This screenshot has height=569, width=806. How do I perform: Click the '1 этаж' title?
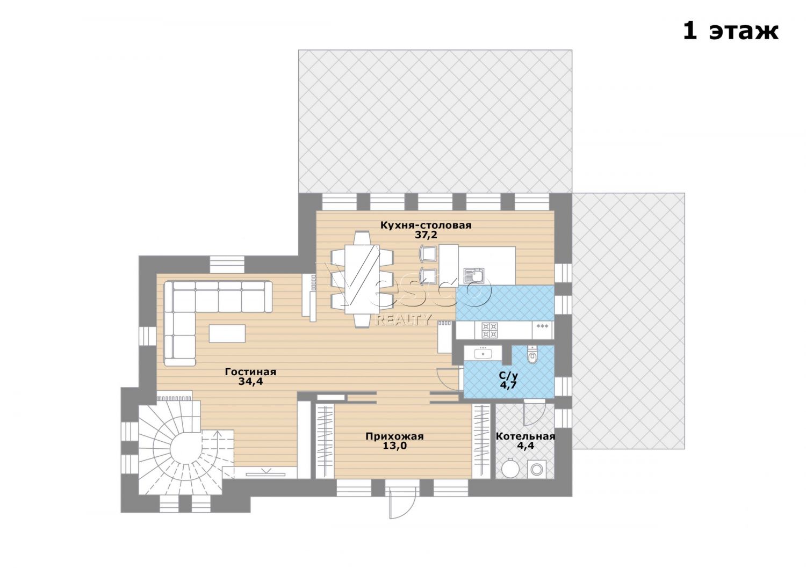730,31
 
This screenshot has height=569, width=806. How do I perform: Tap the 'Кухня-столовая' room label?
426,225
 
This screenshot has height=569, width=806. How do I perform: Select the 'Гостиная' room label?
250,371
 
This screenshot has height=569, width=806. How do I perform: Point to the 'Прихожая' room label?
394,436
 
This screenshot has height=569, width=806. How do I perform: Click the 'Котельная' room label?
526,436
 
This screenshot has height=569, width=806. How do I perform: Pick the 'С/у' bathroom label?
508,376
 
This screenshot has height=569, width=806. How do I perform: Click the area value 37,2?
426,235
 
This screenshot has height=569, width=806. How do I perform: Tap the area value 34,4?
250,381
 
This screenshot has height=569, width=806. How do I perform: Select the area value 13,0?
394,446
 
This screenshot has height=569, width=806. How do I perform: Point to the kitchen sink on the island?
473,276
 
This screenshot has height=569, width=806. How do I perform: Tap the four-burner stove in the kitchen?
490,330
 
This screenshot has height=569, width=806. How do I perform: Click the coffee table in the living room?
227,333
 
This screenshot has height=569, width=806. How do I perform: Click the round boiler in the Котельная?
510,469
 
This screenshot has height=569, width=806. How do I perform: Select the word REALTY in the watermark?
404,319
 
